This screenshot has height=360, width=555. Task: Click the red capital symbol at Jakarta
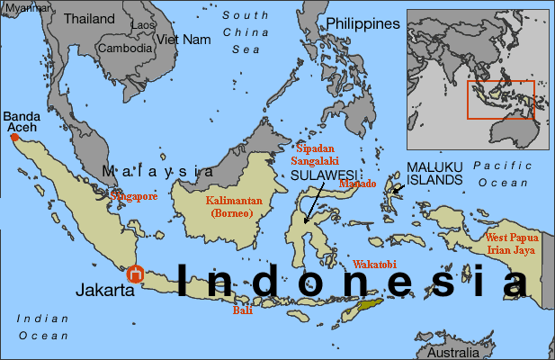[136, 274]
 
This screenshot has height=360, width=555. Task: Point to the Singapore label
[134, 195]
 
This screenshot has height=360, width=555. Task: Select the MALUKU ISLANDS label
[435, 174]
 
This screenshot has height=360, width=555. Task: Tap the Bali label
[241, 310]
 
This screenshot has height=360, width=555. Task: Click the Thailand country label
[89, 18]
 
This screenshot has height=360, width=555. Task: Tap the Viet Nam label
[184, 40]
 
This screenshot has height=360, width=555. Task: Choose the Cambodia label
[125, 49]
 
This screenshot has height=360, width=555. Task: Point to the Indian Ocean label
[41, 326]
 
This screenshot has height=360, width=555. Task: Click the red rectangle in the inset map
[501, 100]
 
